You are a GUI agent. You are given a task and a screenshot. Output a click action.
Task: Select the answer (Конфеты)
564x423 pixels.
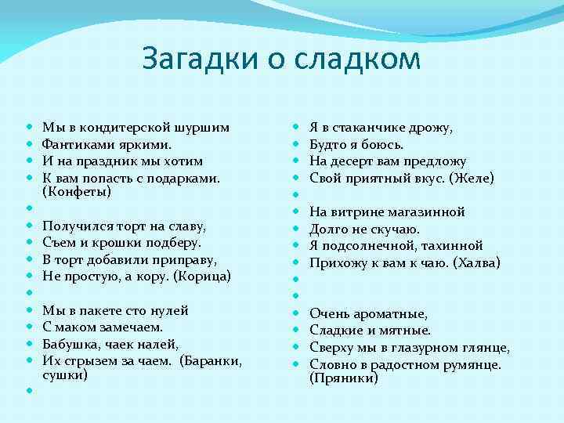coord(77,192)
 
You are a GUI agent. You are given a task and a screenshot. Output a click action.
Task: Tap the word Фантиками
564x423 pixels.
coord(74,144)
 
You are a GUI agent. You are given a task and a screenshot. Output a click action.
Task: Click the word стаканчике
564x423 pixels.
coord(371,128)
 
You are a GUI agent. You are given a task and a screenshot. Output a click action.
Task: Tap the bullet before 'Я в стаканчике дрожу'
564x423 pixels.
coord(295,128)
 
